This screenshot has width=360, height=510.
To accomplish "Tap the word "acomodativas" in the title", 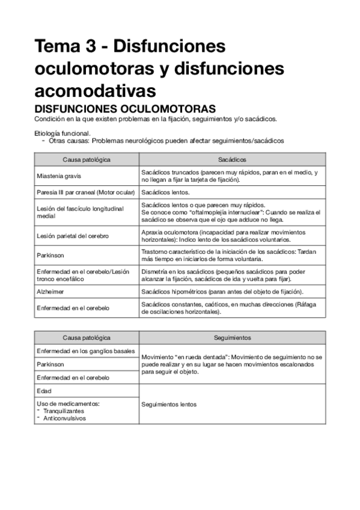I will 95,90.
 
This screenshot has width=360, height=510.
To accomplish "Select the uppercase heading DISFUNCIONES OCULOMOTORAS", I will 125,109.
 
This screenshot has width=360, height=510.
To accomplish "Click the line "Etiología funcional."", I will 63,134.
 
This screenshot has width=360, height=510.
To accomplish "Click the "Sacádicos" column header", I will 232,159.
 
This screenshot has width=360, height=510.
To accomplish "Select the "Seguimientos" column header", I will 232,338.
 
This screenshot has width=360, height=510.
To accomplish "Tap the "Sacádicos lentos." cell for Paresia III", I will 165,192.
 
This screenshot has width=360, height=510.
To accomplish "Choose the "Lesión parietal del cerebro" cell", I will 73,236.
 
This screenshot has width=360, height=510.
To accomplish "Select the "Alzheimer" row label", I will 50,291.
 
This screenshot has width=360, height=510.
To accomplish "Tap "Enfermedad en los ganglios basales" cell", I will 85,351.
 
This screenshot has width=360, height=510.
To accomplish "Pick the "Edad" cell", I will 44,391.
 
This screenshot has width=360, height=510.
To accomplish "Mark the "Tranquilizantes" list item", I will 67,411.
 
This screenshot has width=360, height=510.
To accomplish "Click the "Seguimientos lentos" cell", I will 169,404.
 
